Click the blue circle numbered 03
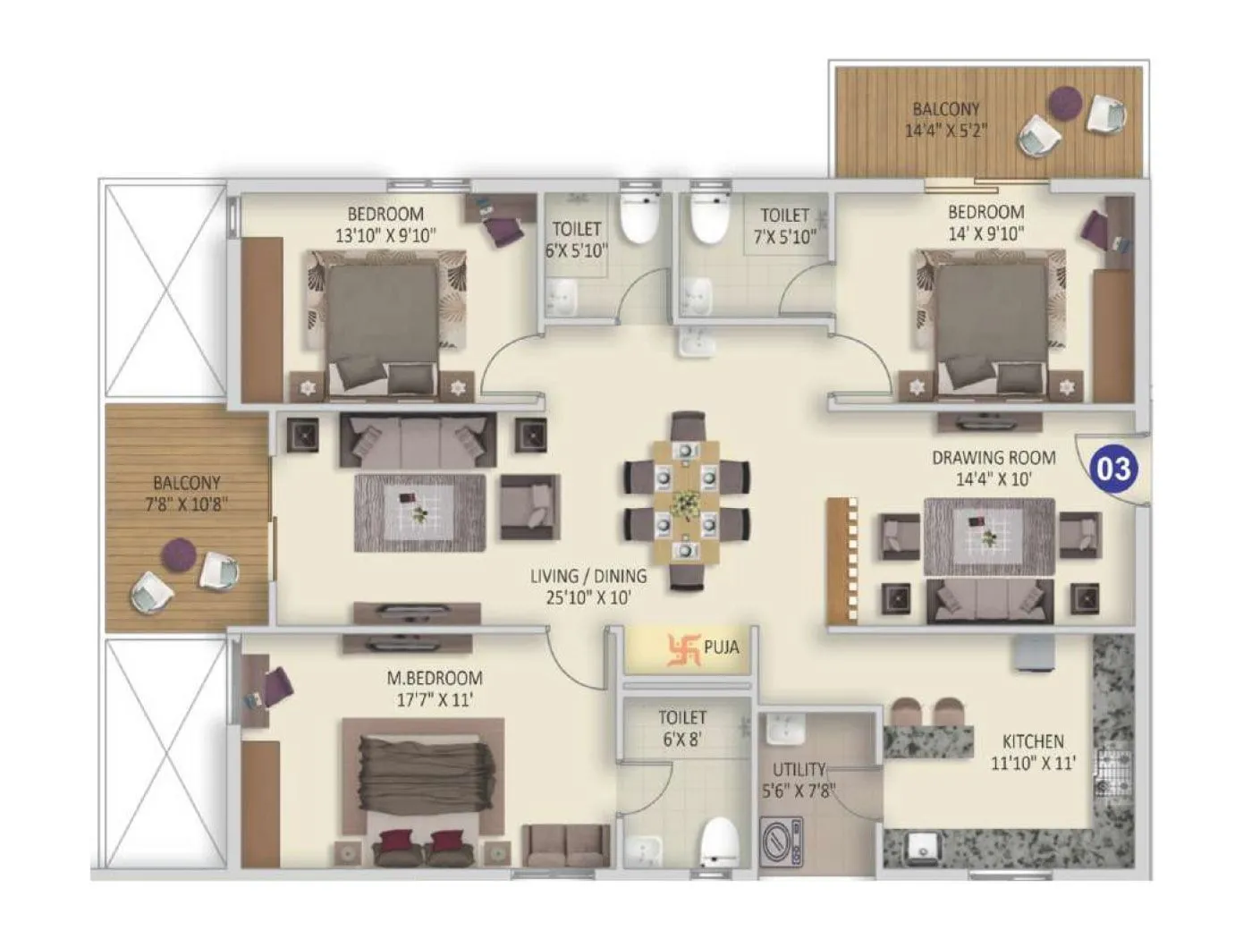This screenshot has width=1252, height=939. click(x=1113, y=469)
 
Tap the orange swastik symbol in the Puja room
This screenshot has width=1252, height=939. click(x=684, y=650)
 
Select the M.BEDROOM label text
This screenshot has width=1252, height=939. click(x=434, y=679)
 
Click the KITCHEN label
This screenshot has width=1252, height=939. click(x=1033, y=741)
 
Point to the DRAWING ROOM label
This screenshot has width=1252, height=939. click(x=994, y=458)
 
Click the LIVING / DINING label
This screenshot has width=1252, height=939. click(x=588, y=576)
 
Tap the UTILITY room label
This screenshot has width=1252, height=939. click(x=799, y=770)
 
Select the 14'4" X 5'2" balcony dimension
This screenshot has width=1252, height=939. click(x=946, y=131)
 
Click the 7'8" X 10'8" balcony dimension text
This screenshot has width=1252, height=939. click(x=186, y=504)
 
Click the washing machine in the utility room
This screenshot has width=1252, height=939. click(x=781, y=842)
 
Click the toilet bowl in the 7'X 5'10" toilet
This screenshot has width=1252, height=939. click(x=710, y=217)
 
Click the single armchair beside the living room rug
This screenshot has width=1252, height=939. click(x=529, y=506)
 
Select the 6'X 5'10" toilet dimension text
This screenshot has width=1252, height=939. click(x=576, y=251)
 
